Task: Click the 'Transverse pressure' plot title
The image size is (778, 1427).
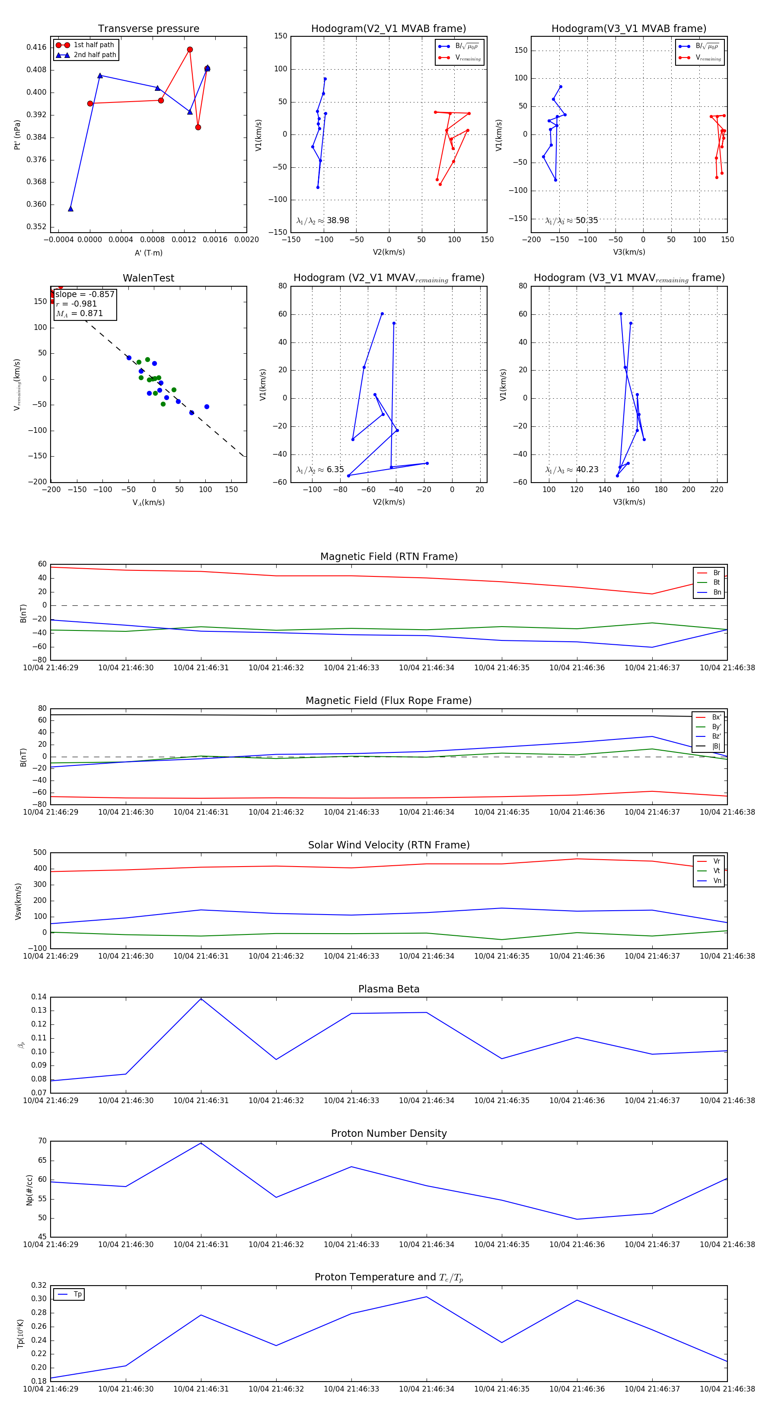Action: pos(148,29)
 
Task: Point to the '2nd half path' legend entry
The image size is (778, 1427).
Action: pos(95,55)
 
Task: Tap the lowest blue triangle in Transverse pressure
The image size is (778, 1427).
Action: pos(70,209)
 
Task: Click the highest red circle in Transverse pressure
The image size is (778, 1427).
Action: pos(190,50)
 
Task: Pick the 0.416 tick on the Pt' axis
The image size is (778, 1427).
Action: pos(37,47)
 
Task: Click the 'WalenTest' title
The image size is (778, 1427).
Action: pos(148,278)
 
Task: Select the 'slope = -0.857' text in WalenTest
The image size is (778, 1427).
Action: pos(85,294)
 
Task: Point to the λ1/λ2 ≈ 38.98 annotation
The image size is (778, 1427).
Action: pos(323,221)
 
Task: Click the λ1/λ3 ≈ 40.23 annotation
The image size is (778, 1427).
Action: pos(572,470)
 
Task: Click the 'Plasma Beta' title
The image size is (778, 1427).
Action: pos(389,989)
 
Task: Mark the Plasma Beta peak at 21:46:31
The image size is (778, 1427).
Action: pos(201,999)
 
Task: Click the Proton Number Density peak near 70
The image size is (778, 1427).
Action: pos(201,1143)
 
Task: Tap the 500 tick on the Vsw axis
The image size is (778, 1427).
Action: pos(40,853)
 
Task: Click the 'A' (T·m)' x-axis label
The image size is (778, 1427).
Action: pos(148,253)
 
